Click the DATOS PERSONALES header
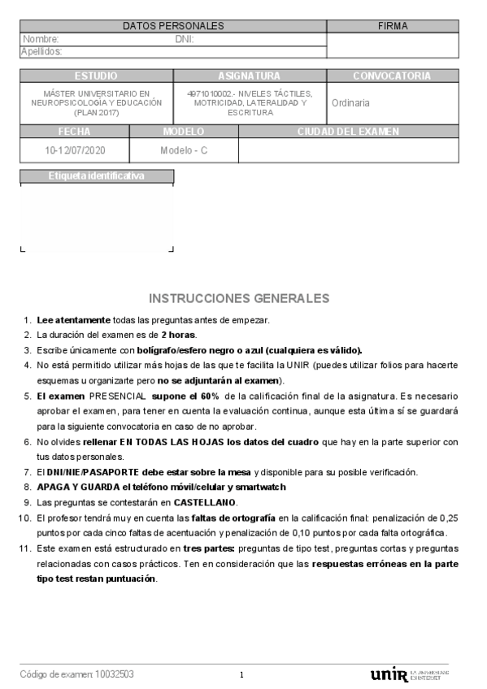click(173, 26)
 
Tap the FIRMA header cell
click(393, 26)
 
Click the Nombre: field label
click(41, 38)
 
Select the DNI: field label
click(185, 38)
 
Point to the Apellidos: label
click(41, 51)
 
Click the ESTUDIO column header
click(96, 76)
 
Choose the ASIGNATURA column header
click(249, 76)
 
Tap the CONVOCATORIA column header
click(392, 76)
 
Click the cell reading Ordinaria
click(350, 103)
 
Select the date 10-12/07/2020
click(75, 150)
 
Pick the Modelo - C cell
click(184, 150)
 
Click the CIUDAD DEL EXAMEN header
click(348, 131)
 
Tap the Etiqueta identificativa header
click(96, 175)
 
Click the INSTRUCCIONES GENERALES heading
click(240, 298)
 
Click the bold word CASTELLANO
click(205, 502)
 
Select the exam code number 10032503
click(115, 674)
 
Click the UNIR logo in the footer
click(388, 674)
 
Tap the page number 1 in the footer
click(241, 674)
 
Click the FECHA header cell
click(74, 131)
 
